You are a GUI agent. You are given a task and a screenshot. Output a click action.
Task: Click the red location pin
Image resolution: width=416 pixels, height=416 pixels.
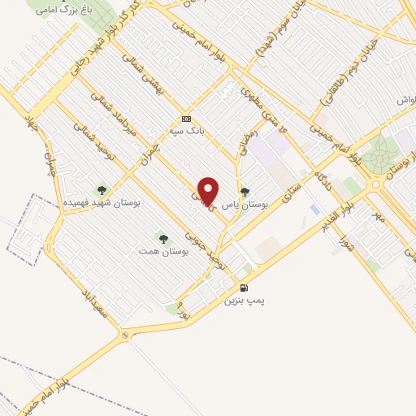pyautogui.click(x=209, y=191)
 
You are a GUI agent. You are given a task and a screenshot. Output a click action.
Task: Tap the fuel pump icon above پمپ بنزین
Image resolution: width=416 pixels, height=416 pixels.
pyautogui.click(x=245, y=288)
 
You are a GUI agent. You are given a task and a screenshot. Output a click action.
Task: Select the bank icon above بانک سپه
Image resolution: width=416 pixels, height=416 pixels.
pyautogui.click(x=185, y=117)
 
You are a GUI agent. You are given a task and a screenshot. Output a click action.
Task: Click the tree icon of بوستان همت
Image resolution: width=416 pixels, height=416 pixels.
pyautogui.click(x=163, y=239)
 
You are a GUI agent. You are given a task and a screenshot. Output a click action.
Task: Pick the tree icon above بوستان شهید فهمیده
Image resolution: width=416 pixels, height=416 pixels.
pyautogui.click(x=102, y=190)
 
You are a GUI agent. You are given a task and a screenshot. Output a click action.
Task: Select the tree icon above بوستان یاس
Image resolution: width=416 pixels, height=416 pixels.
pyautogui.click(x=245, y=193)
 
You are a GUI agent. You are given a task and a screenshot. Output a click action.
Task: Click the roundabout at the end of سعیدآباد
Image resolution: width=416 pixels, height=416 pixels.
pyautogui.click(x=125, y=335)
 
